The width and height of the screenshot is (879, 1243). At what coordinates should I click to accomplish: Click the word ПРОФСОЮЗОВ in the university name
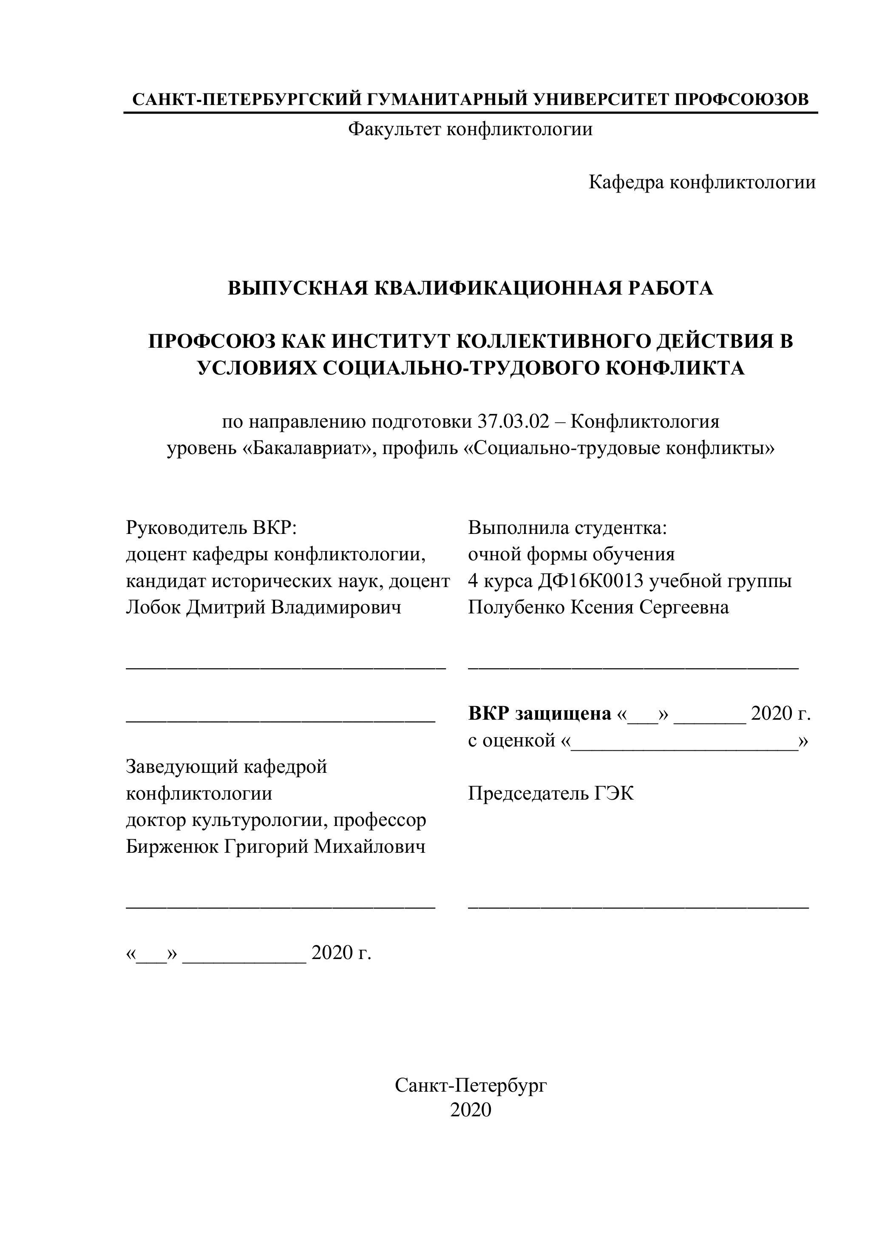tap(742, 99)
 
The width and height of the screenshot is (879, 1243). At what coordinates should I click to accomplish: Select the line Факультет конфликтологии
tap(470, 129)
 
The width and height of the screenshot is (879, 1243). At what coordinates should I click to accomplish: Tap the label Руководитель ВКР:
tap(212, 527)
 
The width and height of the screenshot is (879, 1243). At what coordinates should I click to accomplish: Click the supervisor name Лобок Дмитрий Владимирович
tap(264, 607)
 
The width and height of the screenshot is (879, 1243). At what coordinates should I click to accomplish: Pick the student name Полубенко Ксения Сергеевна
tap(598, 607)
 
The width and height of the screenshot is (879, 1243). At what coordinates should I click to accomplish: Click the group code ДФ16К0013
tap(590, 580)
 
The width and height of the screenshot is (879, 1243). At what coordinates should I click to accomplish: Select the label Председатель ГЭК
tap(550, 793)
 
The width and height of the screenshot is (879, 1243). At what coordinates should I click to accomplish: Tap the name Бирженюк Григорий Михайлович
tap(275, 846)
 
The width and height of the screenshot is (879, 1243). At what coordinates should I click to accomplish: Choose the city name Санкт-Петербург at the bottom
tap(471, 1085)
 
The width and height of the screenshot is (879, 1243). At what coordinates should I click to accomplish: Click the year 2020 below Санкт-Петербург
tap(471, 1110)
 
